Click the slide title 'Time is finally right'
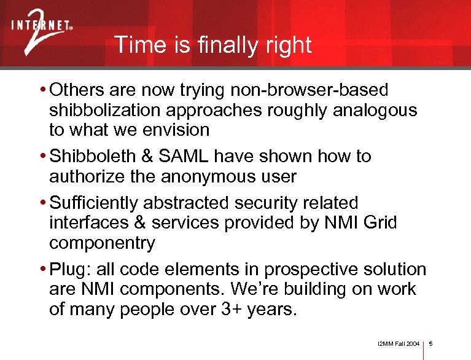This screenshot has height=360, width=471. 212,45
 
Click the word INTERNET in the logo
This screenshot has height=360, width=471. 40,26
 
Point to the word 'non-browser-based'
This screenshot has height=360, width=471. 309,90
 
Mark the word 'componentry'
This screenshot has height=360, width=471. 102,243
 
